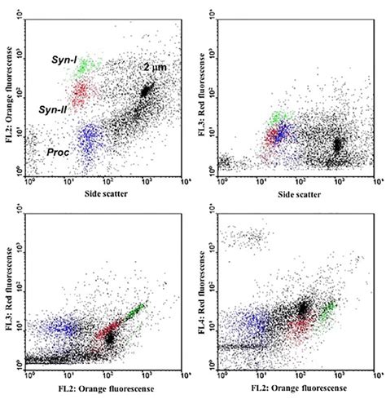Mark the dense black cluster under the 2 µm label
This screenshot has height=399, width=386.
pyautogui.click(x=146, y=91)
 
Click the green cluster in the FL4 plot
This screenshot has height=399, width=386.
pyautogui.click(x=328, y=310)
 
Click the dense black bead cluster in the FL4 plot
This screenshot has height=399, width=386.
pyautogui.click(x=302, y=308)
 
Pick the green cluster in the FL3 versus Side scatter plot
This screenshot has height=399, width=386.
pyautogui.click(x=281, y=119)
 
